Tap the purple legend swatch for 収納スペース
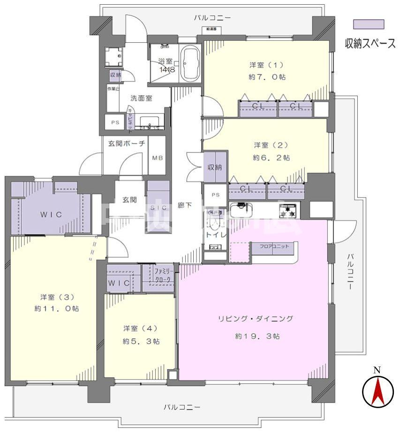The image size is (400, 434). tap(369, 24)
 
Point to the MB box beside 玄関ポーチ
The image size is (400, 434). tap(157, 158)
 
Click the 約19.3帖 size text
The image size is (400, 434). tap(255, 336)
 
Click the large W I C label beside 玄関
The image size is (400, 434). tap(50, 214)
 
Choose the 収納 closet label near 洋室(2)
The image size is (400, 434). tap(215, 168)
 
